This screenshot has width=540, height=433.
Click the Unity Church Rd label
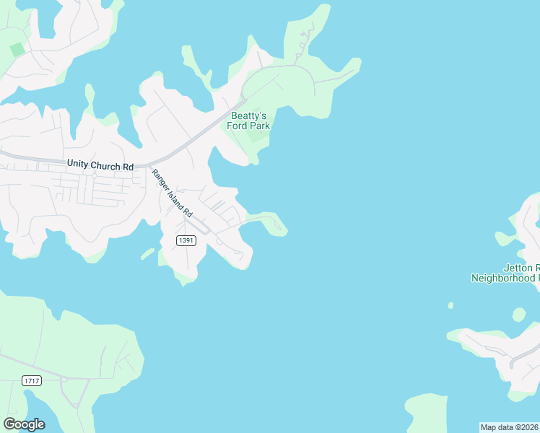(x=100, y=165)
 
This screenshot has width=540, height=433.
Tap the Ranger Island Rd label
(x=173, y=193)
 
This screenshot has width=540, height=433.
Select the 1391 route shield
(x=186, y=240)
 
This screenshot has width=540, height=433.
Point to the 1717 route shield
(x=32, y=380)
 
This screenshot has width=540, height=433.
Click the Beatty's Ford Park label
(x=250, y=121)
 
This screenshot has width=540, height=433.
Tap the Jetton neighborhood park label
(x=505, y=272)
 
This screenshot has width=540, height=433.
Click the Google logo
(x=24, y=424)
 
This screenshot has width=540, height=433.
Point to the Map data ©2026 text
(x=510, y=427)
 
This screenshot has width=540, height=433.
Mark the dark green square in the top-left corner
(x=17, y=50)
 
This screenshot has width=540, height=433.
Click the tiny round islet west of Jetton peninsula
(x=450, y=305)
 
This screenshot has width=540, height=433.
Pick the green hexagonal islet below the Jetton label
(x=519, y=314)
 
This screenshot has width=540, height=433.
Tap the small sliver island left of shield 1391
(x=147, y=253)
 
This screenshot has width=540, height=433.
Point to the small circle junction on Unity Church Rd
(x=94, y=175)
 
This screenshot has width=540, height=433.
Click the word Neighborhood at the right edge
(x=505, y=277)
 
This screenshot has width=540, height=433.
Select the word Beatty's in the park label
(x=249, y=115)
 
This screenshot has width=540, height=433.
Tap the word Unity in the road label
(x=79, y=165)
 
